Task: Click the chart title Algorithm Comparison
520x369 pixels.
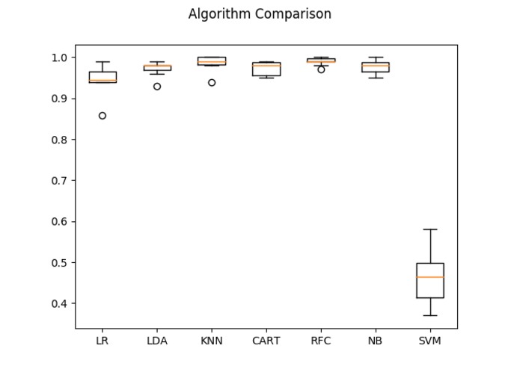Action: point(260,14)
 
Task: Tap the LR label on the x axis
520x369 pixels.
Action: point(103,341)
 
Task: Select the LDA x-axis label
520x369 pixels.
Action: point(157,341)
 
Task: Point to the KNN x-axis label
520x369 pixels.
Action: point(212,341)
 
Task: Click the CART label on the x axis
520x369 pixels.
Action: point(266,341)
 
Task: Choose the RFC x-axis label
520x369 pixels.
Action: point(321,341)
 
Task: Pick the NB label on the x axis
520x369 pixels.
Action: point(376,341)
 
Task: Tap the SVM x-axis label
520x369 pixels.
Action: point(430,341)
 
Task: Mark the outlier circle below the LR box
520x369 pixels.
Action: point(103,116)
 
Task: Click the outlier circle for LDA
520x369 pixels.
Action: point(157,87)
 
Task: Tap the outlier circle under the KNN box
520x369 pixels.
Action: point(212,82)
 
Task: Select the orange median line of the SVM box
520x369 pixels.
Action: point(430,277)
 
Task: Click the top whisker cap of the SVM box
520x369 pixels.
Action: point(430,229)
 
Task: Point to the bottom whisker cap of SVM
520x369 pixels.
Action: point(430,315)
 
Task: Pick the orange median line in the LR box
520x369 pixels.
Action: point(103,80)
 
